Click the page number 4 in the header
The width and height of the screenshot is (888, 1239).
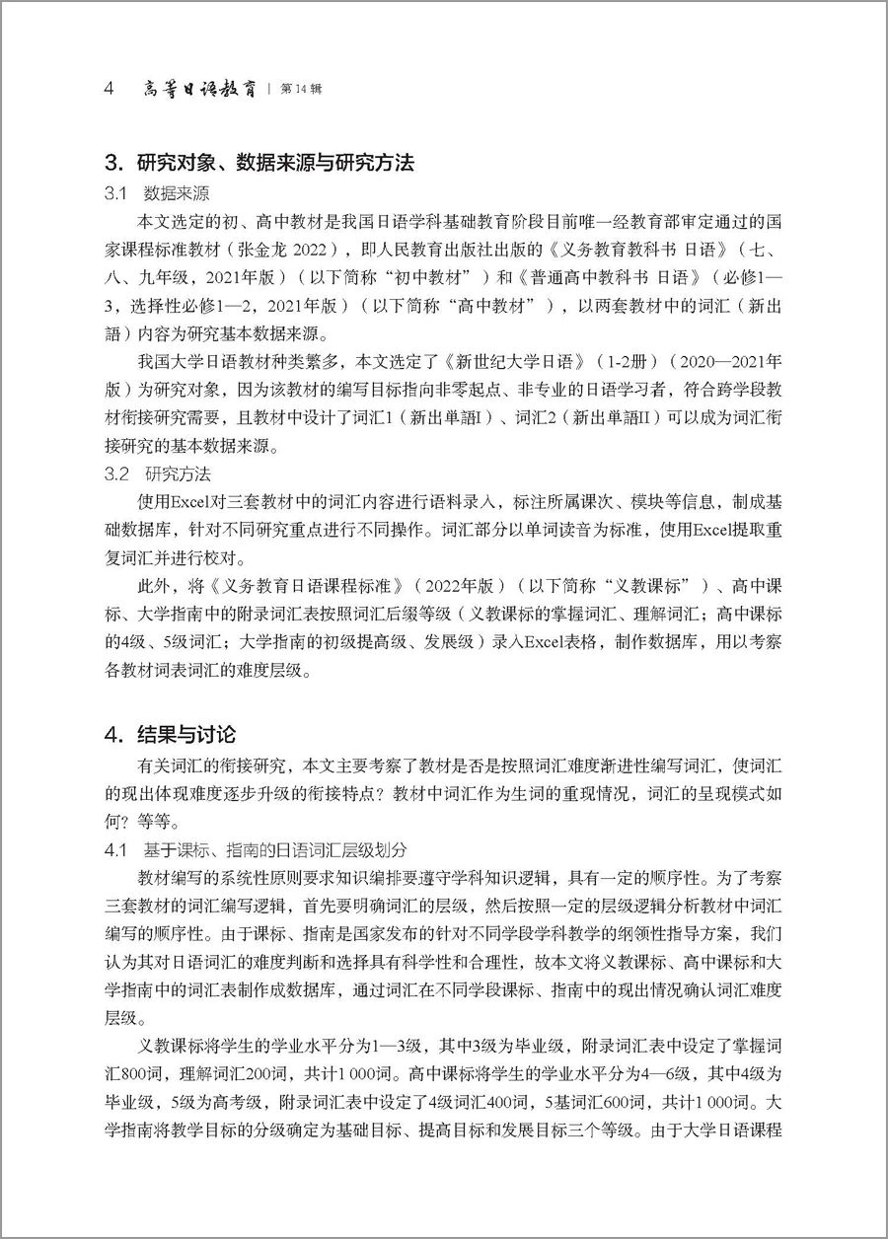tap(111, 89)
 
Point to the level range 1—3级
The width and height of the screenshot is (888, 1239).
tap(388, 1045)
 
